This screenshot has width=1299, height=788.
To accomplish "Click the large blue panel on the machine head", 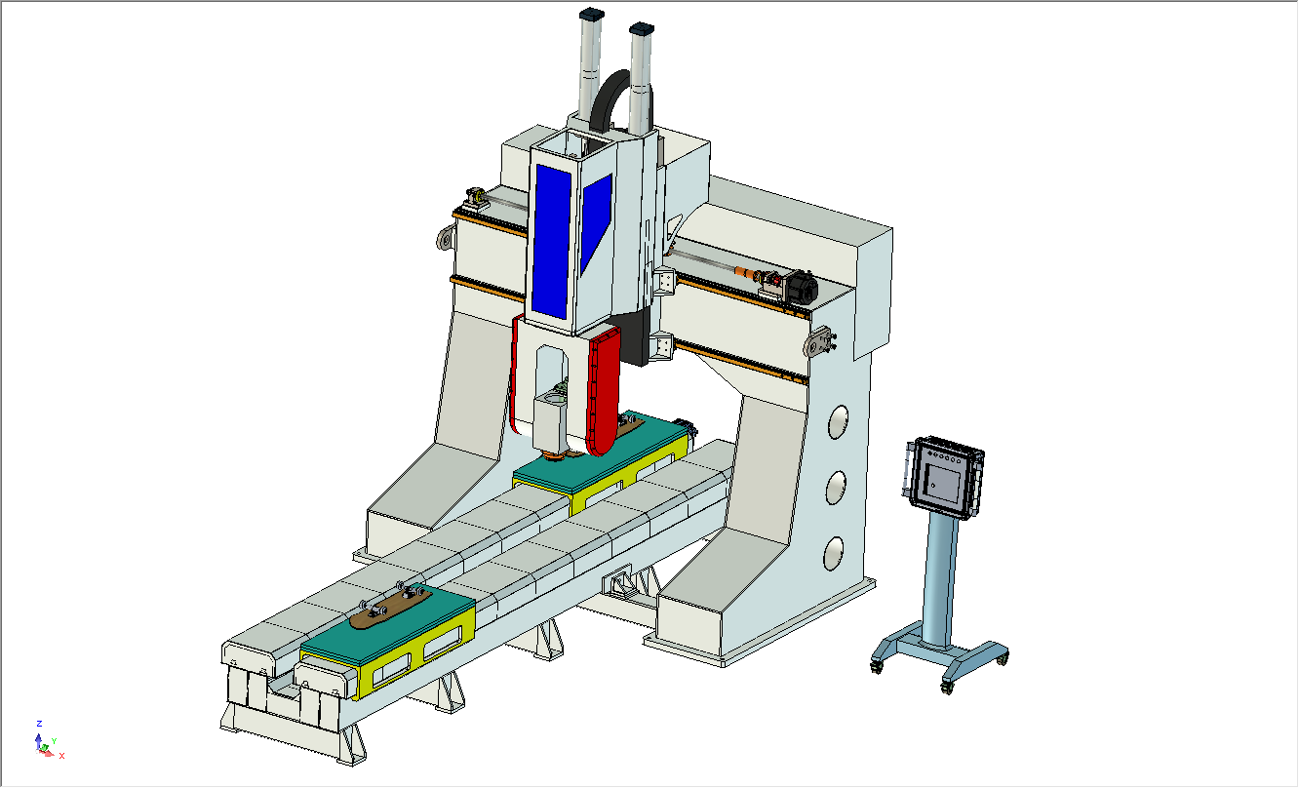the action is (x=551, y=241).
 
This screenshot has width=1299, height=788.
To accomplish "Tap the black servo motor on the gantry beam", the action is (x=802, y=287).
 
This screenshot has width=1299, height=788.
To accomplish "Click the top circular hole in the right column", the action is (x=838, y=421).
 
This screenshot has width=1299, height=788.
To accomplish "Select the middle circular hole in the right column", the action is (x=836, y=488).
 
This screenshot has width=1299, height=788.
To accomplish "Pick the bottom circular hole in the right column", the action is (x=834, y=553).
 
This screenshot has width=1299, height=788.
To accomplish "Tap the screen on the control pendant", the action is (x=943, y=483).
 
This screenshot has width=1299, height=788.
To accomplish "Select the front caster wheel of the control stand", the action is (x=946, y=688).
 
